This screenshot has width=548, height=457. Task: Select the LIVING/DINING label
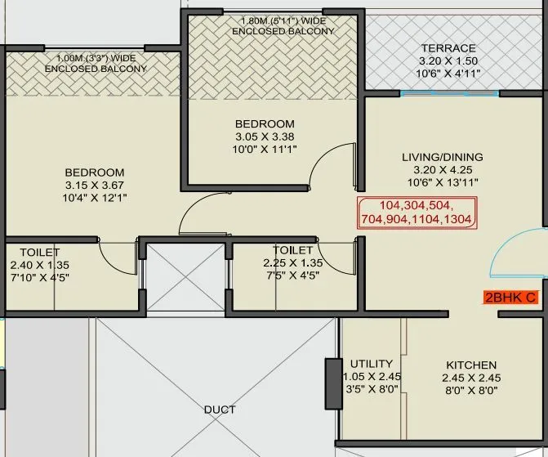(x=442, y=157)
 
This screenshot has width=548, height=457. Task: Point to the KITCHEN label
(x=471, y=365)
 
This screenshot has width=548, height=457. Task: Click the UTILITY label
(x=372, y=363)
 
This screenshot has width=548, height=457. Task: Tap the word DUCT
(x=220, y=410)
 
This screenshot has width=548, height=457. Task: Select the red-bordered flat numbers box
(x=417, y=212)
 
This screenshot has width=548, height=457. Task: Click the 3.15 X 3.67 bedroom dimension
(x=95, y=186)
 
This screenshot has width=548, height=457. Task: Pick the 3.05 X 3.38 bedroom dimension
(x=265, y=137)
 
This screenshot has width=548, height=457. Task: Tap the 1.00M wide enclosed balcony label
(x=96, y=64)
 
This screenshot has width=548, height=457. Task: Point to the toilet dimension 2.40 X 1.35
(x=39, y=265)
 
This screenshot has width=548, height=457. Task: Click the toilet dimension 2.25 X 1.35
(x=292, y=262)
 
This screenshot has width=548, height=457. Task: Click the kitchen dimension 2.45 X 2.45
(x=471, y=378)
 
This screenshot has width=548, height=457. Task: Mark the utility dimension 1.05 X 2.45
(x=372, y=376)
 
